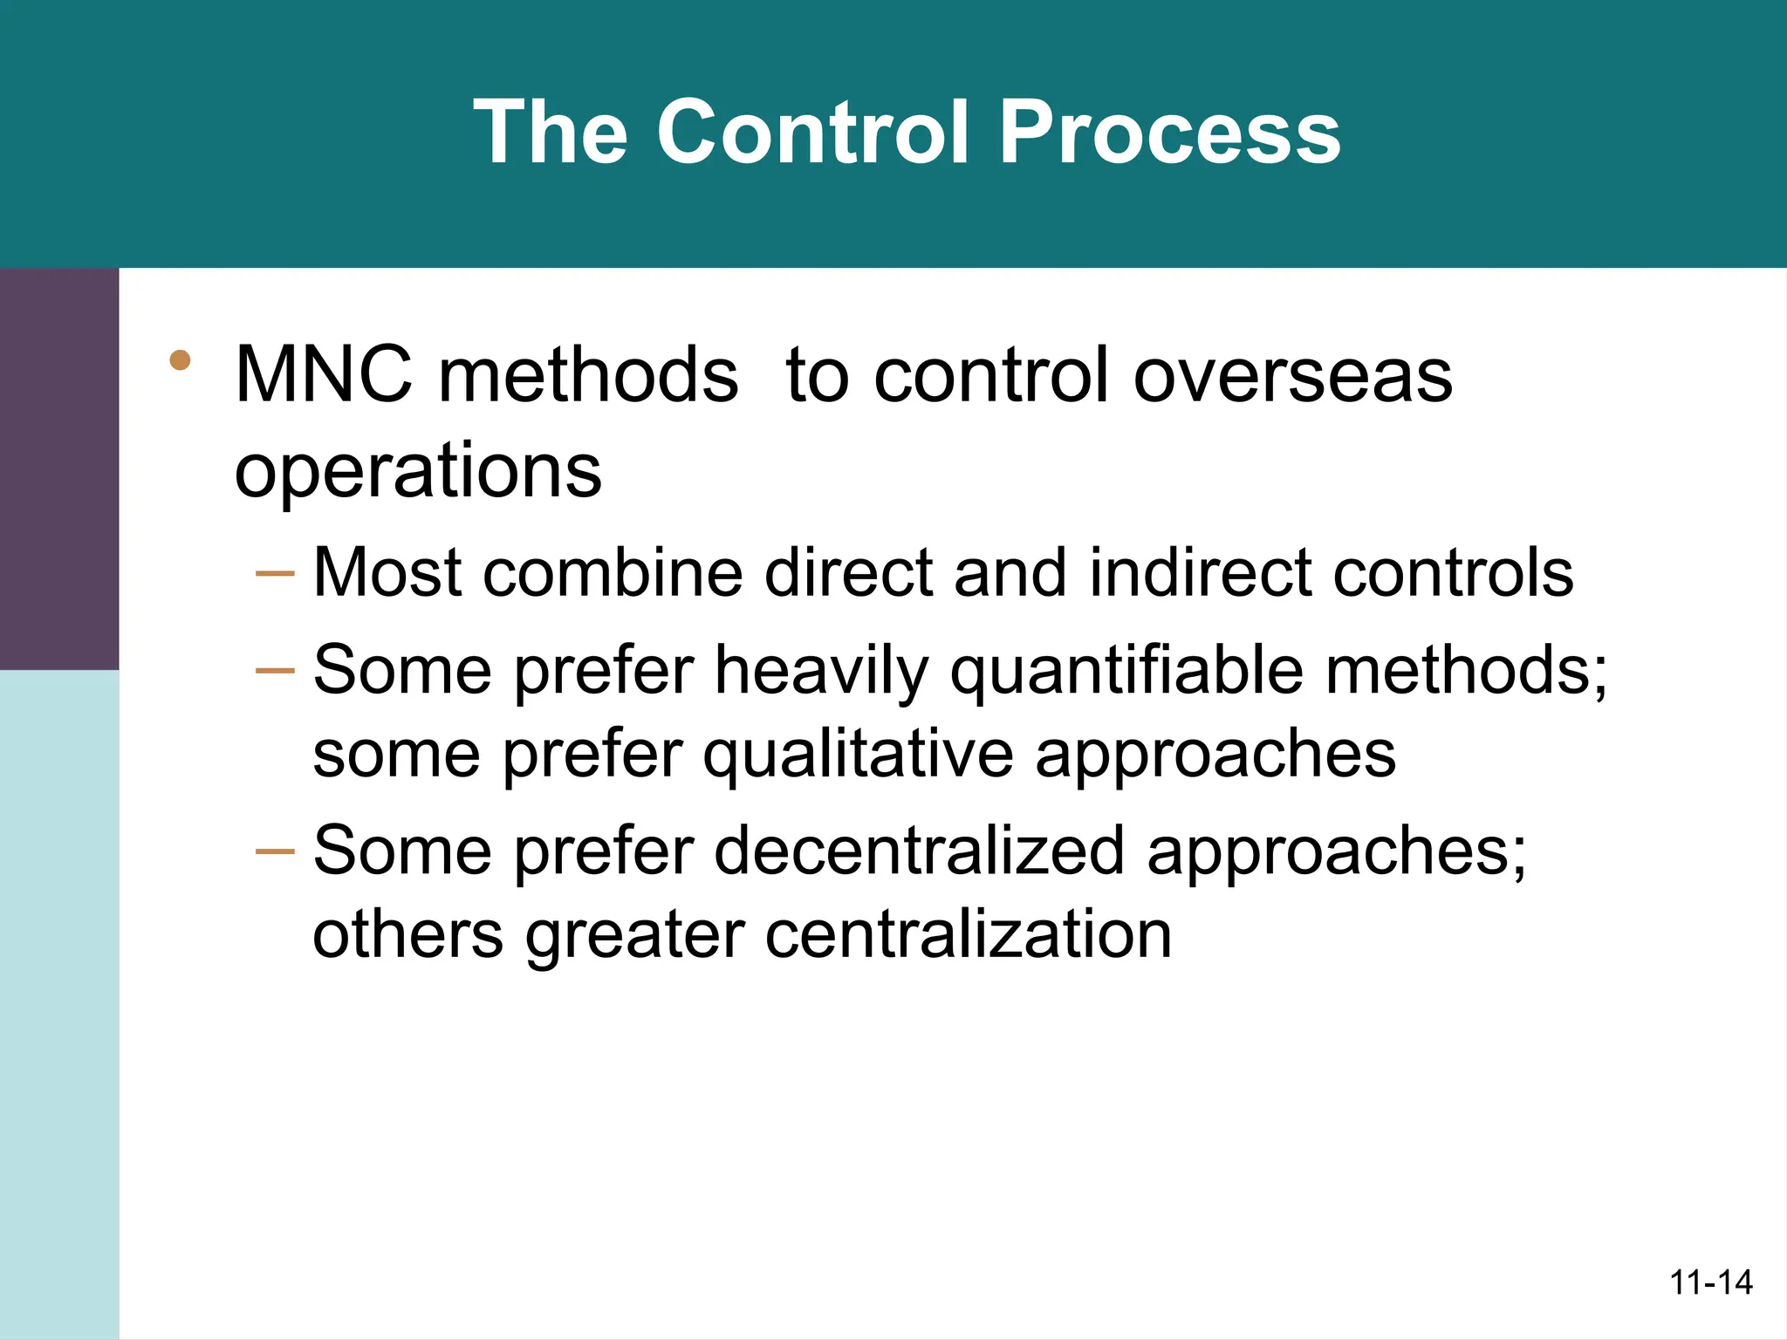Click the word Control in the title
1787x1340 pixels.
coord(811,133)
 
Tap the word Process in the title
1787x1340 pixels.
coord(1169,133)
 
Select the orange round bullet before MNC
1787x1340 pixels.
coord(181,360)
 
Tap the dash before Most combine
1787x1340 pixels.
coord(274,574)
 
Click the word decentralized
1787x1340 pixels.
coord(920,851)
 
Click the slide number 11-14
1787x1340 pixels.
coord(1710,1283)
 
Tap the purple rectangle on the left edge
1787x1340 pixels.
coord(58,468)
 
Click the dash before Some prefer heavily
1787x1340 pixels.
coord(274,671)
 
